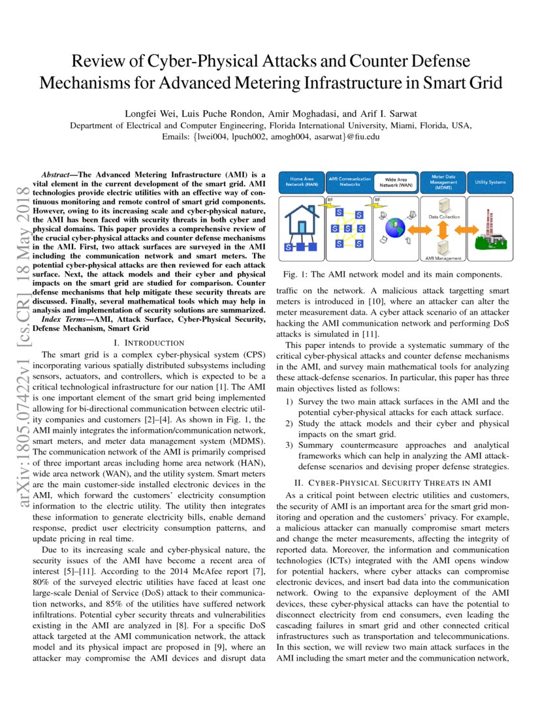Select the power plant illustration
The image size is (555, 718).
point(491,232)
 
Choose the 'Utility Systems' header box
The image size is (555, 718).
point(490,182)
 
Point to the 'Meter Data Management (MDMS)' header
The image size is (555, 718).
point(443,181)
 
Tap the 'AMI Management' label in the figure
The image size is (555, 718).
point(443,258)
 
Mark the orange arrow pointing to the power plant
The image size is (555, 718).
point(465,230)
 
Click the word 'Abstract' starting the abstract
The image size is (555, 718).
point(56,176)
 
